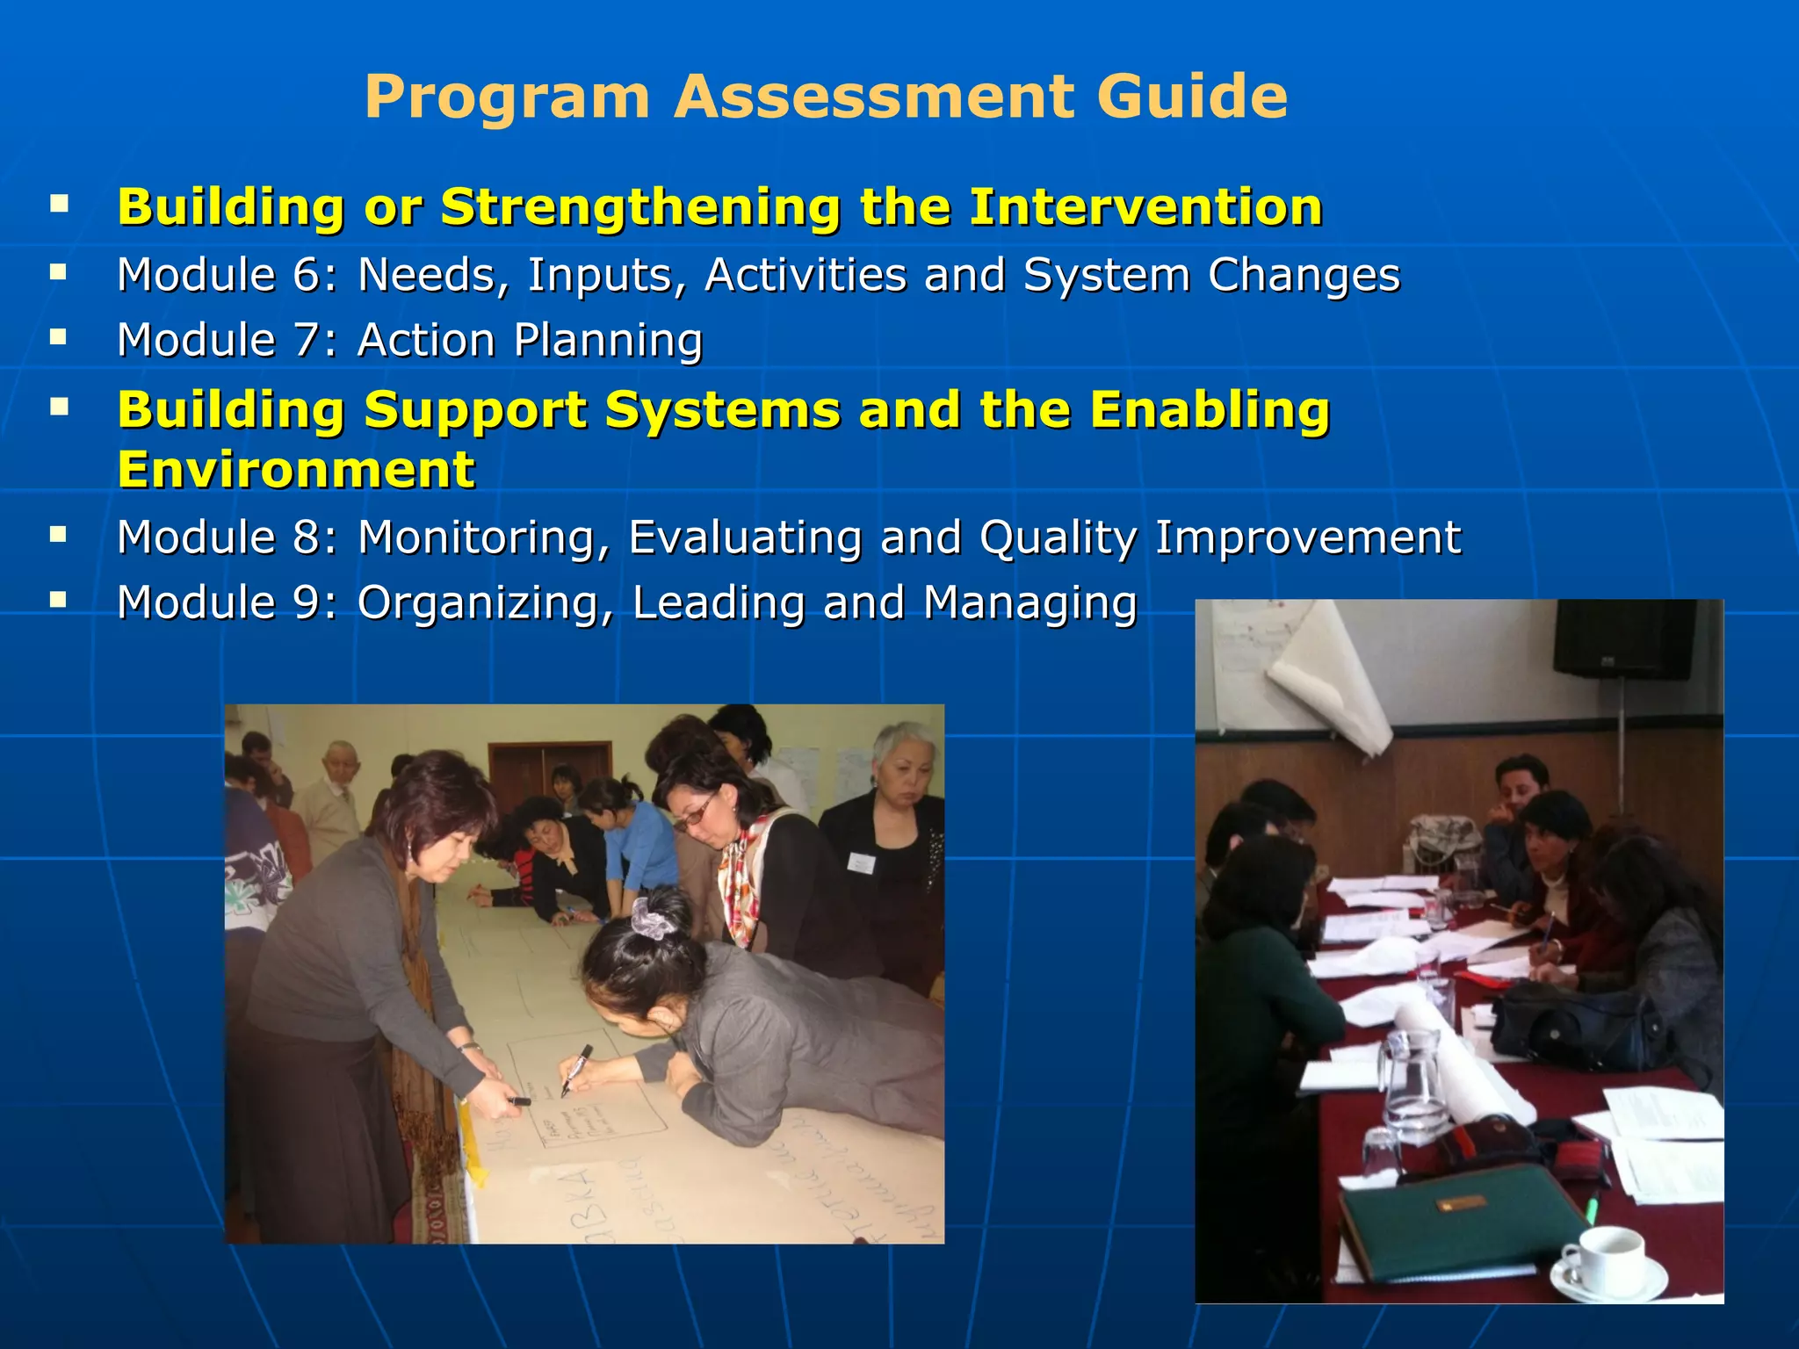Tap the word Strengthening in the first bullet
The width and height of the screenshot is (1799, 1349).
[x=639, y=208]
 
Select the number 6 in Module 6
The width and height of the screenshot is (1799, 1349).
[x=307, y=275]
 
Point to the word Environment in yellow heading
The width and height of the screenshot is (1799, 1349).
[x=296, y=470]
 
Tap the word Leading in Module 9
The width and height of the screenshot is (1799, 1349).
[x=718, y=603]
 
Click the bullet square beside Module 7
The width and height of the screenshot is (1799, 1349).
[x=59, y=336]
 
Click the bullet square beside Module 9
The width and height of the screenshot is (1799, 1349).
[x=59, y=600]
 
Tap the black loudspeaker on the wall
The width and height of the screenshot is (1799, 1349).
[x=1626, y=638]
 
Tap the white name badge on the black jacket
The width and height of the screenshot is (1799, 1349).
[x=861, y=862]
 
